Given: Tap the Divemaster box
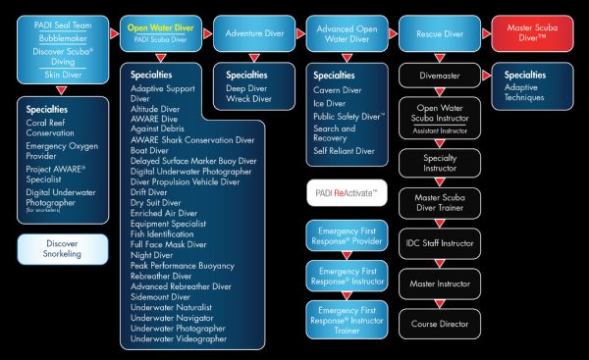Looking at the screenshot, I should (440, 74).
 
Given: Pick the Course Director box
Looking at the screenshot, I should (440, 323).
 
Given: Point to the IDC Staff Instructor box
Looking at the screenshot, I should (440, 241).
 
